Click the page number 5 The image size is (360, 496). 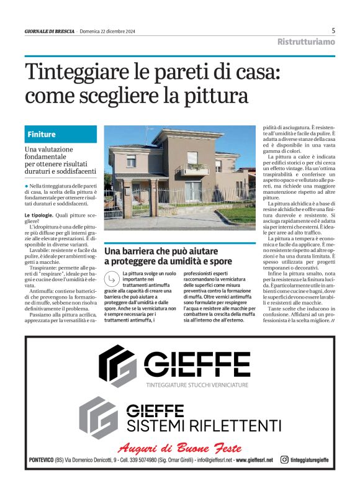click(x=333, y=30)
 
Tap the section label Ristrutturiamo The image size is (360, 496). click(x=306, y=42)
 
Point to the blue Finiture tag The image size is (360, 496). click(x=42, y=134)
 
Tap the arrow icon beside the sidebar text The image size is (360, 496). click(x=112, y=277)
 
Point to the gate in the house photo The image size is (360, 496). click(x=114, y=205)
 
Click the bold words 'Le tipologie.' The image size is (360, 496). click(x=42, y=215)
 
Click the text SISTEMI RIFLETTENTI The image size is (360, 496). click(x=204, y=425)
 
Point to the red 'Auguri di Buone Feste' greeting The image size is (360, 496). click(x=179, y=448)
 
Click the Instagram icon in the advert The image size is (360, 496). click(x=284, y=460)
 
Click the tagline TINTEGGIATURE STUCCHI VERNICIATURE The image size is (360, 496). click(x=197, y=385)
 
